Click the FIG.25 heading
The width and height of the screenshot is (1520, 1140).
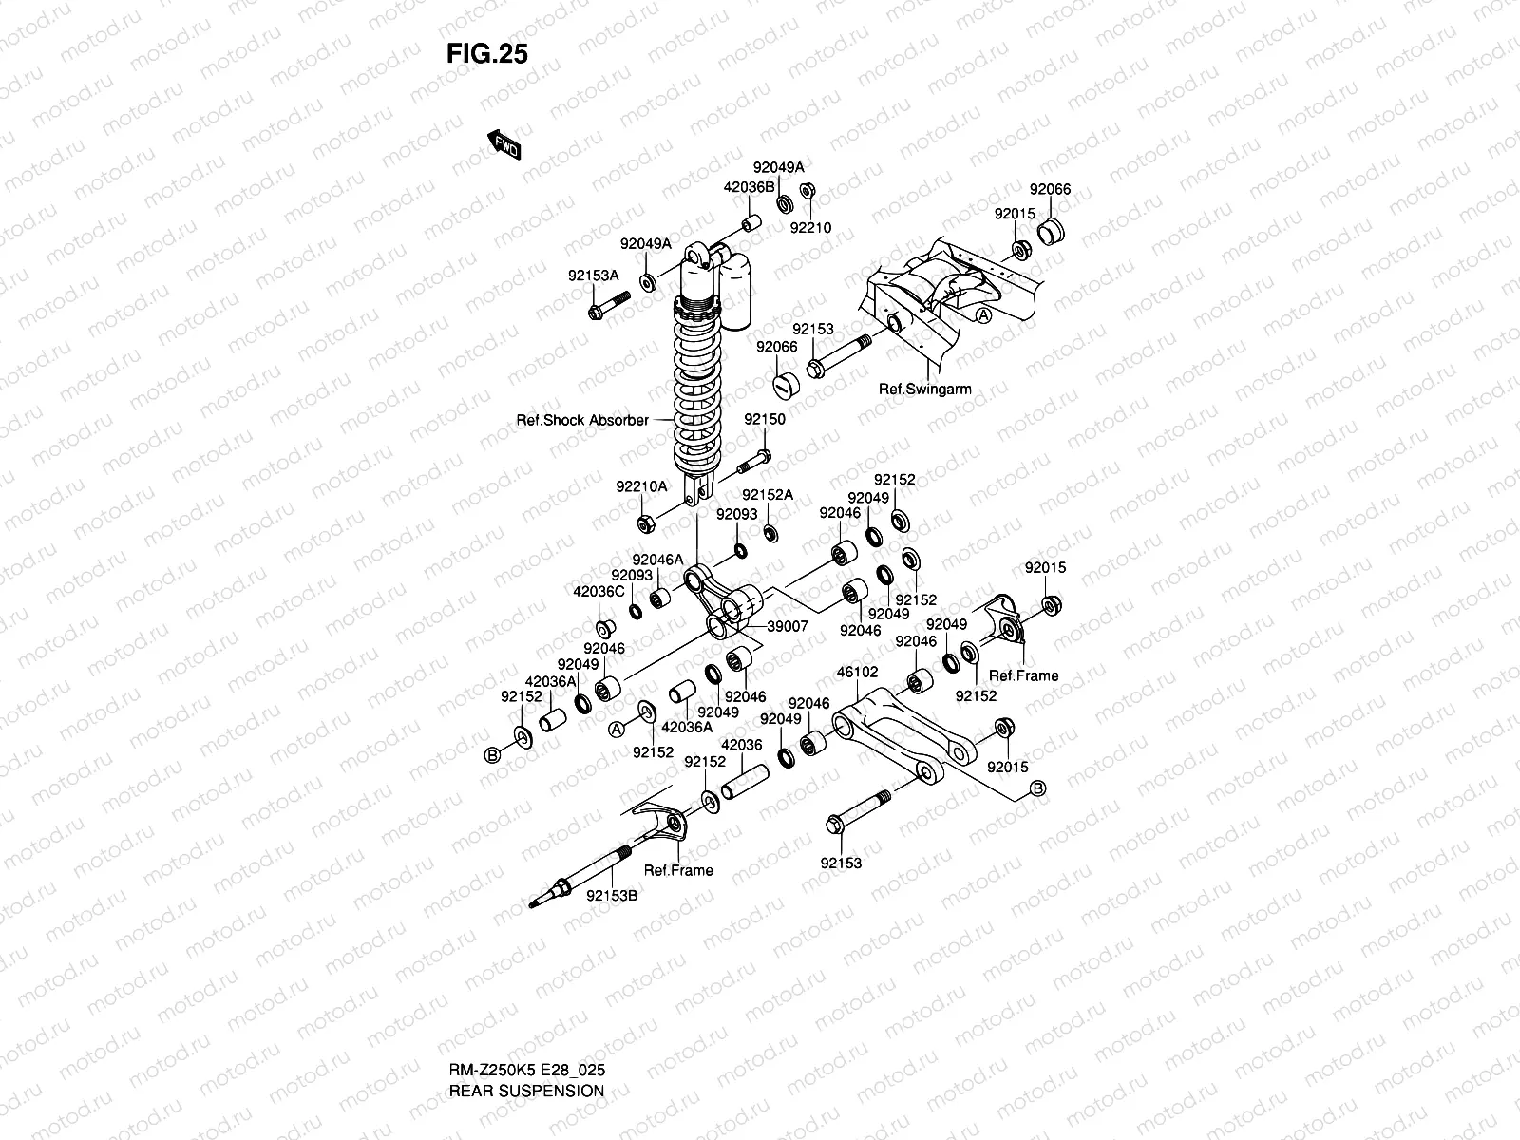coord(486,53)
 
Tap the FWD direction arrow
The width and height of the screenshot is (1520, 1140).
coord(503,144)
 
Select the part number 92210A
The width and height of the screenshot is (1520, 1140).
coord(641,486)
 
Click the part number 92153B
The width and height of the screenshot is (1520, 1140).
coord(612,896)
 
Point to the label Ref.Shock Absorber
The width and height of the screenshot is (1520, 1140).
coord(582,420)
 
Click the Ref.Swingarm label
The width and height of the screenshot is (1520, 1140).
coord(924,389)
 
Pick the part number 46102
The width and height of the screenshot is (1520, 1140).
coord(857,672)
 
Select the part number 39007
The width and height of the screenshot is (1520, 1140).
coord(788,626)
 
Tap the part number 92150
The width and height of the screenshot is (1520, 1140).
coord(765,420)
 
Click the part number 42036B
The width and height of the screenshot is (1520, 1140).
coord(749,187)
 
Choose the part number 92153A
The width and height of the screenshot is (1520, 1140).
coord(594,275)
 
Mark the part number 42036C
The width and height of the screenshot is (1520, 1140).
coord(598,592)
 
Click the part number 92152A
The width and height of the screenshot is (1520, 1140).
coord(768,495)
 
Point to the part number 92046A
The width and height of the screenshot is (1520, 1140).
coord(657,560)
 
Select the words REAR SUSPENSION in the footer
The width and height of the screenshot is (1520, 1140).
coord(526,1091)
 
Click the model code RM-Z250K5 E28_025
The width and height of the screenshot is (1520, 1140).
coord(527,1070)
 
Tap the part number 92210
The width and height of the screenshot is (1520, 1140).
coord(810,228)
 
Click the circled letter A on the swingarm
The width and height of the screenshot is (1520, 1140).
coord(983,315)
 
